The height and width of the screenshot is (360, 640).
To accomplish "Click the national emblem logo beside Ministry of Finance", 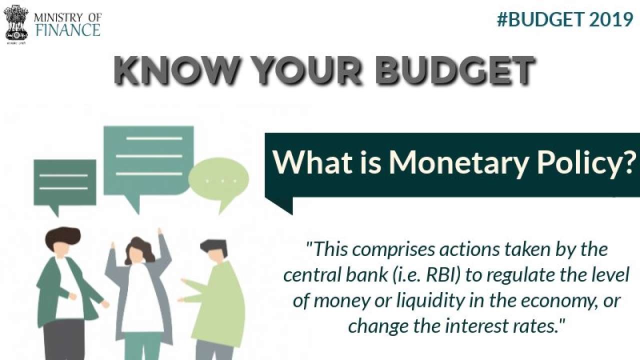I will coord(16,23).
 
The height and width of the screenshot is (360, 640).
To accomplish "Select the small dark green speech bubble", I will coord(64,183).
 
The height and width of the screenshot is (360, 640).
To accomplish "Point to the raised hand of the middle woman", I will coord(160,233).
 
